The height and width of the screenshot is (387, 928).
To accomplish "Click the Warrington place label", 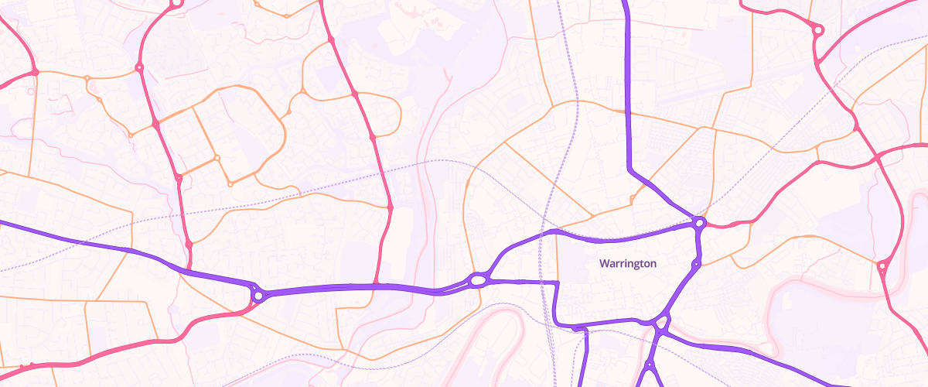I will coord(628,263).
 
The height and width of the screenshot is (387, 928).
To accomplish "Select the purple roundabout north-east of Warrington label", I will coord(699,223).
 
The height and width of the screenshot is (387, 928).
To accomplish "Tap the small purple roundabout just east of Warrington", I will coord(695,265).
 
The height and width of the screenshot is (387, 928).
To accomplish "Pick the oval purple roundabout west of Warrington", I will coord(479,279).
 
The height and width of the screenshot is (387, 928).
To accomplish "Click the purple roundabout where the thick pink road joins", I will coord(258,295).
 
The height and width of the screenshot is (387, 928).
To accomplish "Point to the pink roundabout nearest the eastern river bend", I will coord(881,267).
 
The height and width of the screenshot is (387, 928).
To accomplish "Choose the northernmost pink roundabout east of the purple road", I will coord(817,30).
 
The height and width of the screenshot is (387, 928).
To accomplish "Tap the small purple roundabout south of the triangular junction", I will coord(650,364).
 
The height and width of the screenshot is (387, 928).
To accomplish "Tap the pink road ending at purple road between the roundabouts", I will coord(376,286).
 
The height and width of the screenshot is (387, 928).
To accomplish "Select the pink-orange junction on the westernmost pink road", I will coord(35,73).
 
